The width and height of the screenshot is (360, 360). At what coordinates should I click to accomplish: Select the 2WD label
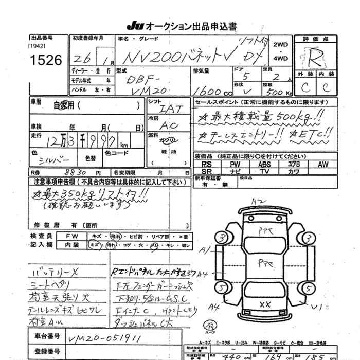pyautogui.click(x=281, y=44)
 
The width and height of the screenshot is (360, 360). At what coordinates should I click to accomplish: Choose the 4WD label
pyautogui.click(x=281, y=59)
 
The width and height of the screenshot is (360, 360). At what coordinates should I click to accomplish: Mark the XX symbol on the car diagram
pyautogui.click(x=265, y=304)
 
